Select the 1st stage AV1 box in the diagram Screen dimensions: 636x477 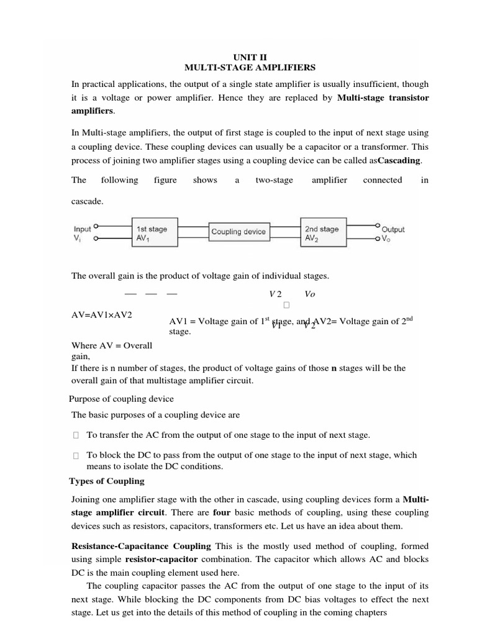pos(155,234)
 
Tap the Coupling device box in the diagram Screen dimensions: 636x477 pos(238,232)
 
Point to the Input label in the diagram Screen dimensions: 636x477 pos(82,229)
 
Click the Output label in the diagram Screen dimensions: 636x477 pos(393,229)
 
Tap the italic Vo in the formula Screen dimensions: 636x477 pos(310,294)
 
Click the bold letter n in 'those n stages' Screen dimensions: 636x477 pos(334,368)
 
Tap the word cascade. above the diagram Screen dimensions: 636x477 pos(88,202)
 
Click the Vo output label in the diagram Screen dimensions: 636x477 pos(386,238)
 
